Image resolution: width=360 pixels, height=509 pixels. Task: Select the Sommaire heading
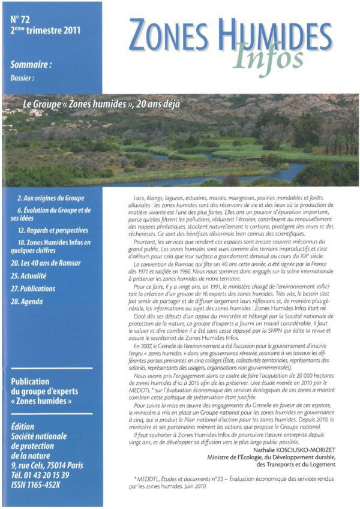(31, 64)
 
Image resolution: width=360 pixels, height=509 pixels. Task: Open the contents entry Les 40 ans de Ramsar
(45, 263)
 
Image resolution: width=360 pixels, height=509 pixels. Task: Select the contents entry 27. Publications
(41, 288)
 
